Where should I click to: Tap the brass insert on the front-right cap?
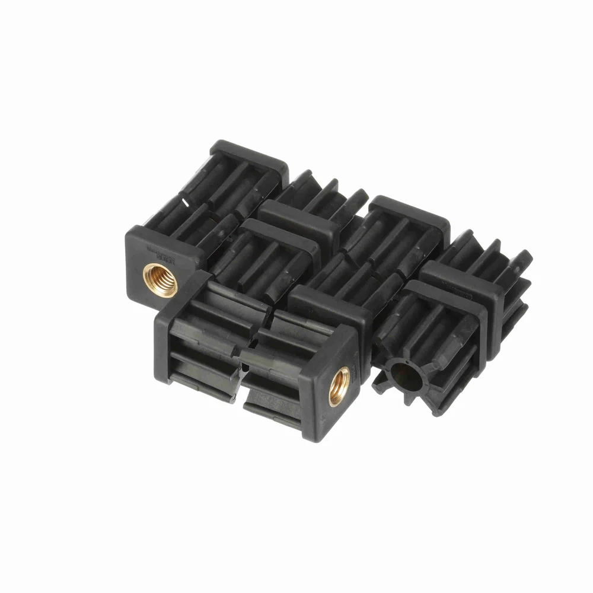(x=339, y=386)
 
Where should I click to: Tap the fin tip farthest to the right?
(x=527, y=256)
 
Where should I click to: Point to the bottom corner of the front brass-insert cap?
(x=308, y=439)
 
